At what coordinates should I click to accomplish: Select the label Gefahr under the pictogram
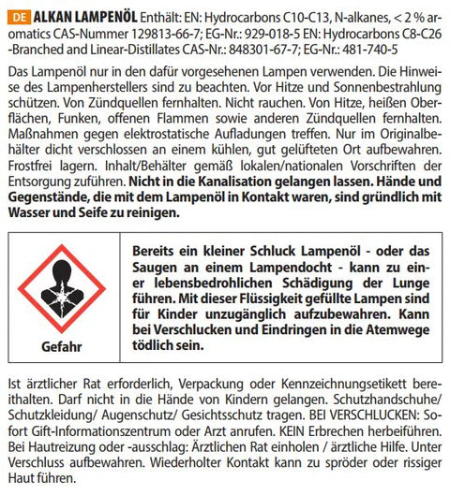(62, 347)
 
